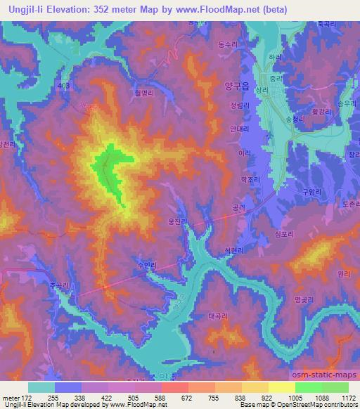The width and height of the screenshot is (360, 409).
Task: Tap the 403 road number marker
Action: point(65,86)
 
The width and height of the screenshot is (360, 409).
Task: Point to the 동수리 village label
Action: point(228,44)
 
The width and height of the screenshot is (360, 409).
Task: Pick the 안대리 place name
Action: point(240,129)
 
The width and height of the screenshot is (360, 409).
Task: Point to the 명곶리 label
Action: point(303,299)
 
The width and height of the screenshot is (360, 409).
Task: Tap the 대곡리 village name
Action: point(219,316)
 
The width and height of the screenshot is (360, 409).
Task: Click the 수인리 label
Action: point(147,265)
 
